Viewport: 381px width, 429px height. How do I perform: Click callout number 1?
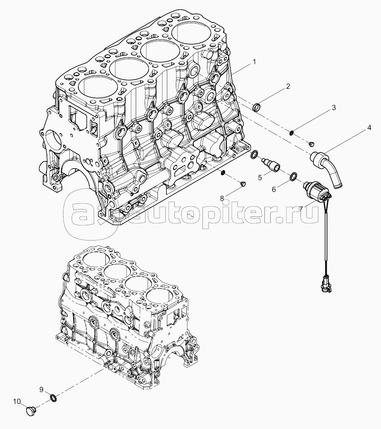(254, 62)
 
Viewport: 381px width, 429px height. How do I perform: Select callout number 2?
(288, 87)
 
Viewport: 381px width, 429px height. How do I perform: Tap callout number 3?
(334, 108)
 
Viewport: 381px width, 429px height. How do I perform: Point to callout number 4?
(369, 127)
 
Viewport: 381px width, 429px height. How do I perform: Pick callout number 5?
(259, 178)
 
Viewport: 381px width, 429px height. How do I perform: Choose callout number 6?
(274, 189)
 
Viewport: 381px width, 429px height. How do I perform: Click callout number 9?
(41, 390)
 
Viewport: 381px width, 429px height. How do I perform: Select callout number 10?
(17, 402)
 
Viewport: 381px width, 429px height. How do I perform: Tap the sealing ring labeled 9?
(54, 398)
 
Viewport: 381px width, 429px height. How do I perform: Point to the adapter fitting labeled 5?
(270, 165)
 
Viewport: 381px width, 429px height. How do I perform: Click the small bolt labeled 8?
(242, 184)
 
